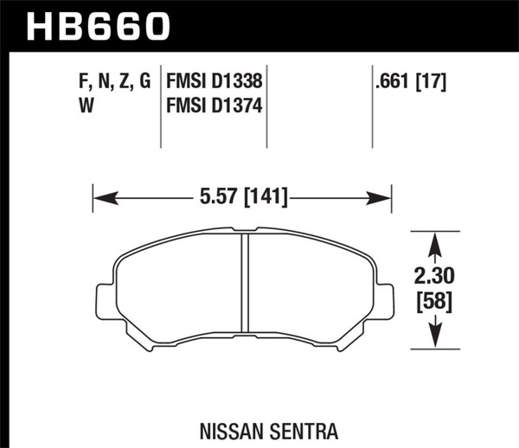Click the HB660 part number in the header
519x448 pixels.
(x=99, y=26)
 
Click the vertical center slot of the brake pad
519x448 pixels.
(x=243, y=291)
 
